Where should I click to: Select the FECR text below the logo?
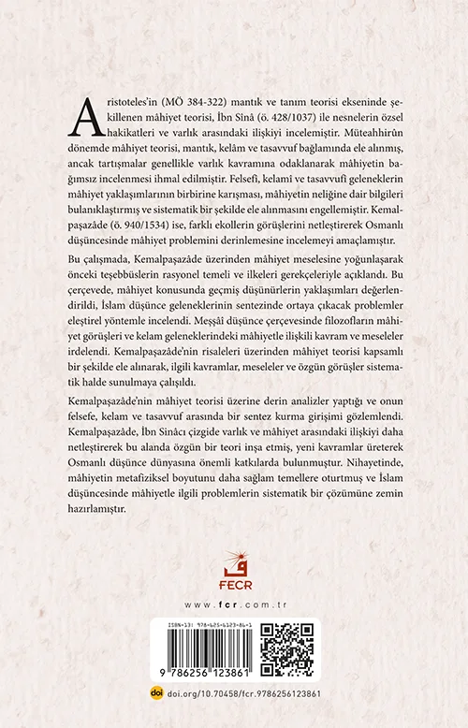(233, 576)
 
